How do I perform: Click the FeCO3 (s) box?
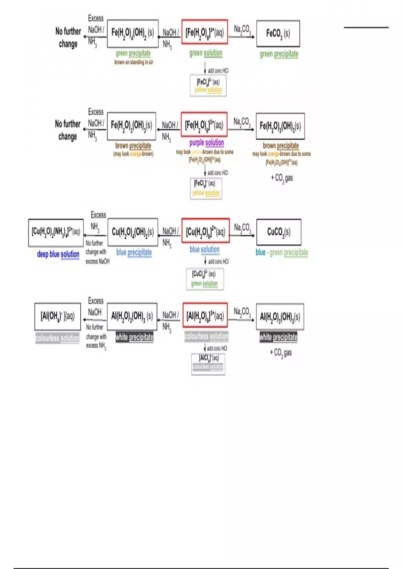[278, 33]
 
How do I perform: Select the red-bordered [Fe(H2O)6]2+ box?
[205, 32]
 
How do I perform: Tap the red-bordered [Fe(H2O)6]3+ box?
[204, 125]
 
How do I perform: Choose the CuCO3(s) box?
[279, 232]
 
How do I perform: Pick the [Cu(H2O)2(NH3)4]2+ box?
[56, 232]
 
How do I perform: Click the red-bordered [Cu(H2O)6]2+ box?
[205, 231]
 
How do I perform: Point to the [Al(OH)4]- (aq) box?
[58, 316]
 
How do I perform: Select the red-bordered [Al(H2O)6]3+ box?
[205, 315]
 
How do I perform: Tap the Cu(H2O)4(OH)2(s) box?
[133, 232]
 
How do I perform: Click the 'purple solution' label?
[206, 143]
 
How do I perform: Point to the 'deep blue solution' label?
[58, 254]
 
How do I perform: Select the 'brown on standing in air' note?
[134, 62]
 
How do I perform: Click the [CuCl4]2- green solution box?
[205, 279]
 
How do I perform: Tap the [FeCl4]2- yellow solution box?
[208, 86]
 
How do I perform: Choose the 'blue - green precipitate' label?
[282, 252]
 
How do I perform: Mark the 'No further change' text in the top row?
[68, 37]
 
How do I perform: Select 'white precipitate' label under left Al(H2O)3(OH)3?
[134, 337]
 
